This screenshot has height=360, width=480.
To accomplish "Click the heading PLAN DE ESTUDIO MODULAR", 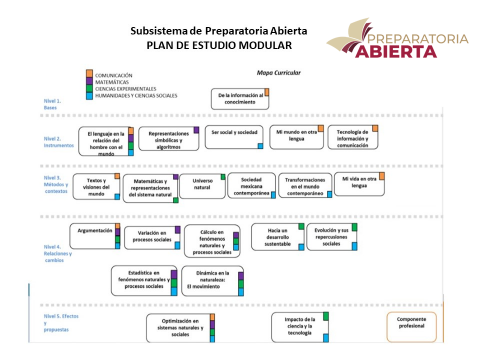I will [220, 46].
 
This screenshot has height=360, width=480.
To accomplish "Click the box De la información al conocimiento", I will [239, 98].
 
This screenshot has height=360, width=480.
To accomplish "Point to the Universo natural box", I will [203, 184].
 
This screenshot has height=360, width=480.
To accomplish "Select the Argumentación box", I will [95, 231].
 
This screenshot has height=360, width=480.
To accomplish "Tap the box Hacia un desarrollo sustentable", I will [278, 236].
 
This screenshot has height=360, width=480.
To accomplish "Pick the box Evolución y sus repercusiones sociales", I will [331, 236].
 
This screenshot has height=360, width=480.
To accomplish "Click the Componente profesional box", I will [413, 324].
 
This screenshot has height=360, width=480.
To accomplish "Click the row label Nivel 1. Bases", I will [52, 104].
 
